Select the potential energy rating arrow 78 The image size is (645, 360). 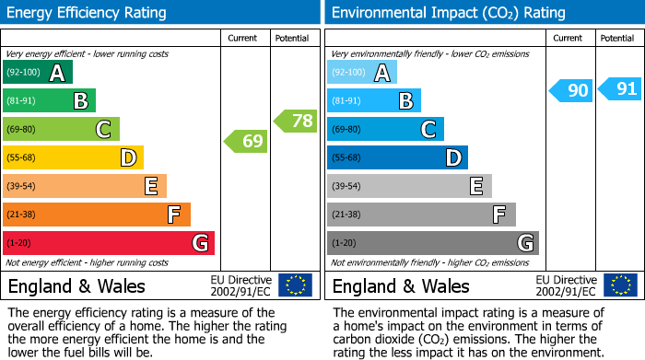[x=296, y=120]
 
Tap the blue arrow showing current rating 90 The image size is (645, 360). [x=570, y=90]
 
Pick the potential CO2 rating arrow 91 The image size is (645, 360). [x=620, y=89]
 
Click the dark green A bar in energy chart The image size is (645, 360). [x=38, y=73]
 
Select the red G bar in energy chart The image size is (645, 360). [x=109, y=243]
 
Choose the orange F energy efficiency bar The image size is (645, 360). [x=97, y=215]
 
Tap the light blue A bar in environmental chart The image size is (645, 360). [x=362, y=73]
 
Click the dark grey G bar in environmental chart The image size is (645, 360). [x=433, y=243]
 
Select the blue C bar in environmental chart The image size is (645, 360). [x=385, y=129]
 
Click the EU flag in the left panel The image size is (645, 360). [x=295, y=285]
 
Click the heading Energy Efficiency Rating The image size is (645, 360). [x=88, y=13]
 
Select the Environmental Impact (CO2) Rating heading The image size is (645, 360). [x=449, y=13]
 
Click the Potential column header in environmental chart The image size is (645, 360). [x=617, y=38]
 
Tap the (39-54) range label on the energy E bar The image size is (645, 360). [x=21, y=186]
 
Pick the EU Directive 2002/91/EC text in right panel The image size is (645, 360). [x=565, y=285]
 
